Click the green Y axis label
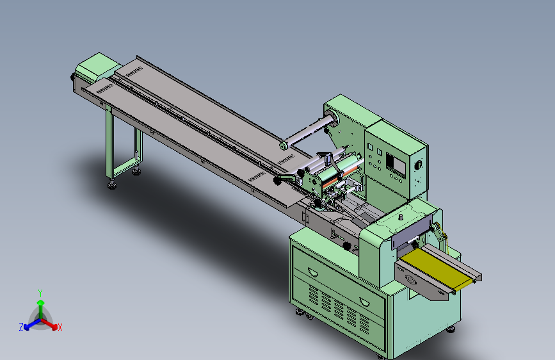[x=40, y=293]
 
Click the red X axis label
[x=60, y=327]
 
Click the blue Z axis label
[x=21, y=327]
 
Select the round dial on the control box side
[x=419, y=165]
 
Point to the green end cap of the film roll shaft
[x=283, y=145]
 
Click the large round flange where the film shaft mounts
[x=331, y=119]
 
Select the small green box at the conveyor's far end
[x=98, y=67]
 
